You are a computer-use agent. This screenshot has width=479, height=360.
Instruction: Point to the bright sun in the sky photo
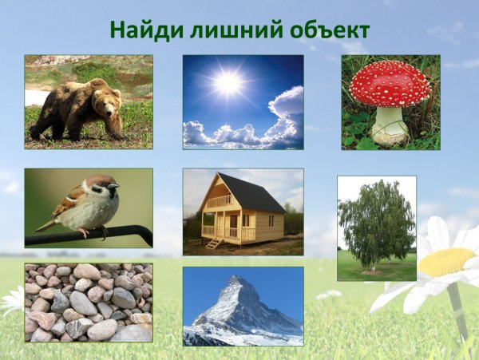pyautogui.click(x=228, y=82)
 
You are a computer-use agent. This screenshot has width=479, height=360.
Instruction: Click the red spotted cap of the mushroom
pyautogui.click(x=390, y=83)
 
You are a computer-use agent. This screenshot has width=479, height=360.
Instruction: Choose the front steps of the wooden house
pyautogui.click(x=213, y=243)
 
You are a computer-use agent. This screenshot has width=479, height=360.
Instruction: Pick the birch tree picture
pyautogui.click(x=376, y=227)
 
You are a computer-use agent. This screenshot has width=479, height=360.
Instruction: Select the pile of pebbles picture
pyautogui.click(x=88, y=303)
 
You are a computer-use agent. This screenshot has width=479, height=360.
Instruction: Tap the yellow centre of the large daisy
pyautogui.click(x=446, y=262)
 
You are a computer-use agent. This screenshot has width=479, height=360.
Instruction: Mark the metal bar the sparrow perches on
pyautogui.click(x=88, y=237)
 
